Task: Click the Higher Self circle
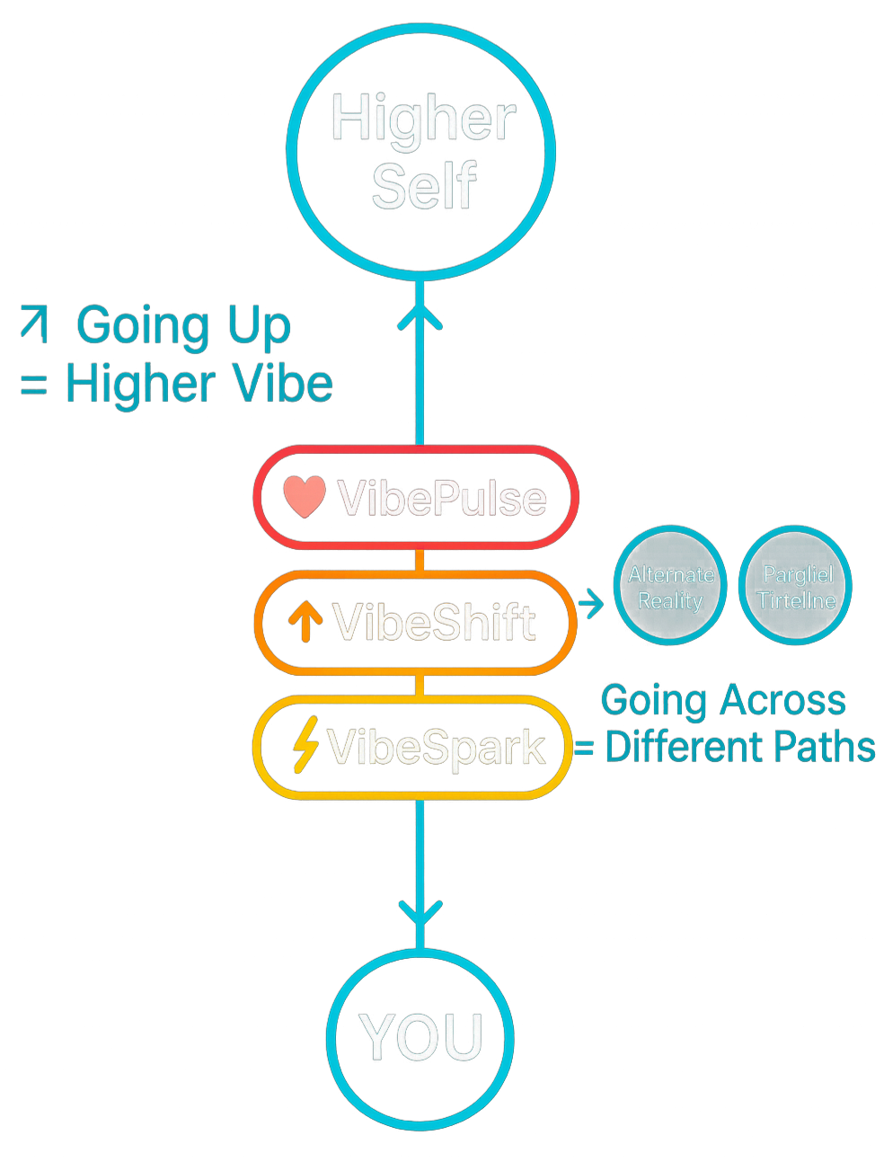click(420, 151)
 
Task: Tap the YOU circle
click(420, 1038)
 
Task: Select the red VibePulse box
click(416, 497)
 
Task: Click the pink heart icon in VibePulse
click(305, 497)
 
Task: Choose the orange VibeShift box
click(416, 622)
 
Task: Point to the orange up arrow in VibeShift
click(305, 621)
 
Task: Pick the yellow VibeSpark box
click(413, 747)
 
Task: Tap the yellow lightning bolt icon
click(306, 745)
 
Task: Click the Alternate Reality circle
click(670, 587)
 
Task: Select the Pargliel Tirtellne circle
click(796, 587)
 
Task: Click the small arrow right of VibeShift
click(591, 604)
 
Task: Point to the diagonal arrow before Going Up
click(35, 324)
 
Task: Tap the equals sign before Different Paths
click(584, 748)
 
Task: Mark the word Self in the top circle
click(423, 187)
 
